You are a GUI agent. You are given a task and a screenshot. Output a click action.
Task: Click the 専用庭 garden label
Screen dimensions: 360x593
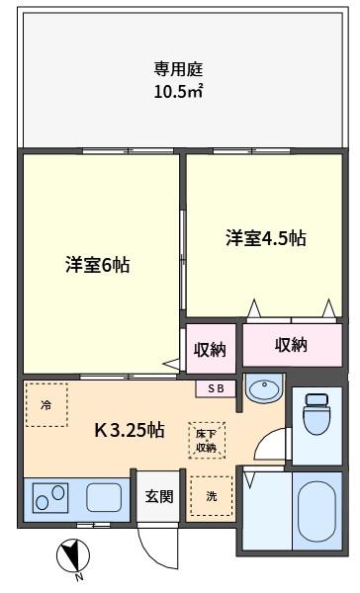click(178, 69)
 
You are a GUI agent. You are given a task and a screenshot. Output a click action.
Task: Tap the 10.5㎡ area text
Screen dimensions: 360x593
click(178, 91)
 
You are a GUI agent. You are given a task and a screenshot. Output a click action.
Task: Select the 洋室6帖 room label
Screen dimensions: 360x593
click(98, 265)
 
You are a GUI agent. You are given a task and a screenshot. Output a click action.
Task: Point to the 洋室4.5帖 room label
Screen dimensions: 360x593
click(266, 238)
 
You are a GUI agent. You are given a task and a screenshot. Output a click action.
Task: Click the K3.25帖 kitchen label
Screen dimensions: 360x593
click(130, 430)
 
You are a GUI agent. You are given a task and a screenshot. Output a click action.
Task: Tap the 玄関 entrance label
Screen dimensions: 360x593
click(159, 496)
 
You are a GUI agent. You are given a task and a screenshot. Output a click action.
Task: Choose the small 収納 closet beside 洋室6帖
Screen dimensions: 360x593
click(210, 349)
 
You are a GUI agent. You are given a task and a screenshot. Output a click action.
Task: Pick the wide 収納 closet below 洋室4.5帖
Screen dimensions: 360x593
click(292, 345)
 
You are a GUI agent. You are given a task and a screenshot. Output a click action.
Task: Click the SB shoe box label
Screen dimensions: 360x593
click(216, 388)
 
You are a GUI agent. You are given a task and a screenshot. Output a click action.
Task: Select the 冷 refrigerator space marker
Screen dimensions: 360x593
click(46, 405)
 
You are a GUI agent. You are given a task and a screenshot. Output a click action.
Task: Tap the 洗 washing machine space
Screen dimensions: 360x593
click(212, 496)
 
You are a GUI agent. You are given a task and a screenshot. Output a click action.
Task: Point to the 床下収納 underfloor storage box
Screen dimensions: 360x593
click(207, 440)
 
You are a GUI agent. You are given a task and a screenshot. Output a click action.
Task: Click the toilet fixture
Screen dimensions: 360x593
click(317, 413)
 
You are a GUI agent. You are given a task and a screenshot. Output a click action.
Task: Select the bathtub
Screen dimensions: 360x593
click(317, 511)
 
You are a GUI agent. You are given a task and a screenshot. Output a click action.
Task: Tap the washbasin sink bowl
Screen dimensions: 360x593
click(264, 386)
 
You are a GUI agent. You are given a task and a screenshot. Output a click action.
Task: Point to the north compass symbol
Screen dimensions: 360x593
click(73, 557)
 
